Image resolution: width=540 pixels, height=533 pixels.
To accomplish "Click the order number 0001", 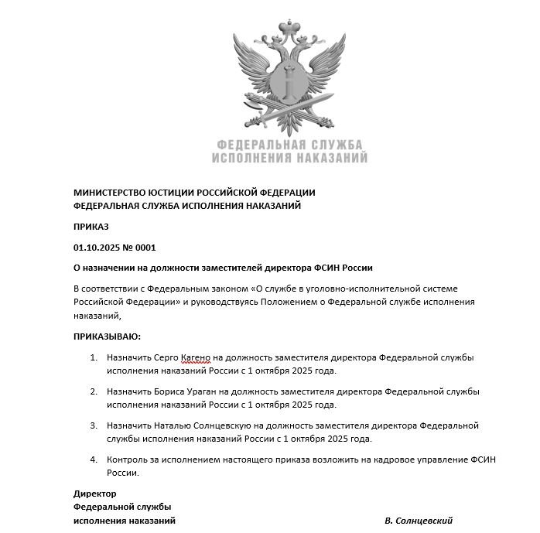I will [145, 248].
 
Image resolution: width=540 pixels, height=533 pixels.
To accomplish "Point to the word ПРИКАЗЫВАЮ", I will [108, 337].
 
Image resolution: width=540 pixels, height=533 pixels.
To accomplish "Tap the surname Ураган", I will [204, 391].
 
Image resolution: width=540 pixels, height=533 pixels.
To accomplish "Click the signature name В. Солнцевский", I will [418, 521].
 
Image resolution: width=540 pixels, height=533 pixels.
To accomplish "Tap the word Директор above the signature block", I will [94, 493].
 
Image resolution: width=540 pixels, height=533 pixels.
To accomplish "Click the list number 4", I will [93, 460].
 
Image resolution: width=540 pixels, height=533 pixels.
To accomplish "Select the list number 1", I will [93, 357].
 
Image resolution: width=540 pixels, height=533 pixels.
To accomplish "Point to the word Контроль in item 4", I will [128, 460].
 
